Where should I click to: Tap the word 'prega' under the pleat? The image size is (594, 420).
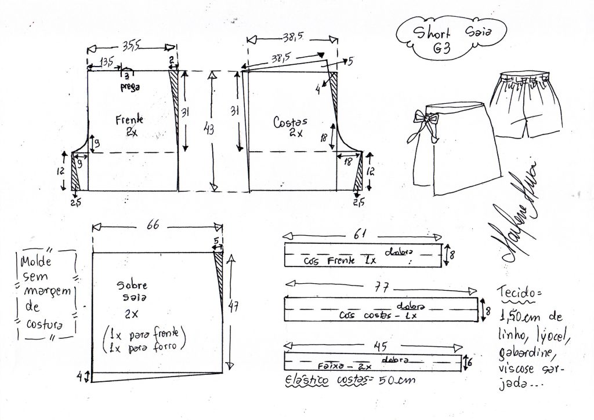click(130, 87)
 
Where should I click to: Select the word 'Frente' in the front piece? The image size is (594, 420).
click(129, 120)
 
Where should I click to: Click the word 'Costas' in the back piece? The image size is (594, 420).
click(290, 122)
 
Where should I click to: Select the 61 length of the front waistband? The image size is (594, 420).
click(362, 234)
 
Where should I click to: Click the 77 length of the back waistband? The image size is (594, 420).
click(382, 287)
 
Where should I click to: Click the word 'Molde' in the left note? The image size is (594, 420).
click(36, 261)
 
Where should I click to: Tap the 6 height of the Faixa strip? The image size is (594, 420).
click(469, 361)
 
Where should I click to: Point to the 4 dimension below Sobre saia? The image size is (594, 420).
click(85, 376)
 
